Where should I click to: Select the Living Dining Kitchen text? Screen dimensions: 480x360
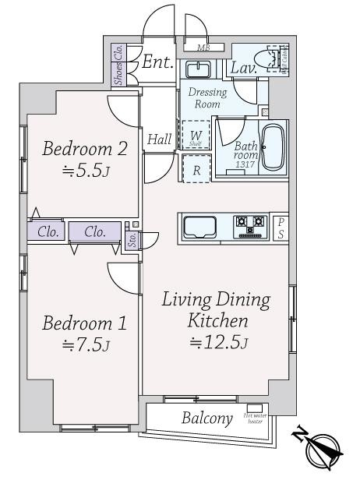[x=216, y=310]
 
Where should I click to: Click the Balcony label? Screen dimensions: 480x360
[x=207, y=418]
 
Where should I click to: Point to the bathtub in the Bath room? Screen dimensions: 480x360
[x=272, y=147]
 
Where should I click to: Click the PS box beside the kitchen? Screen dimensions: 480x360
[x=281, y=227]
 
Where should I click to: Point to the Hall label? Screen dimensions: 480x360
[x=159, y=139]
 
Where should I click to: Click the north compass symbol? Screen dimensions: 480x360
[x=322, y=447]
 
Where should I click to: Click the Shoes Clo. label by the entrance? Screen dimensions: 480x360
[x=118, y=65]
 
